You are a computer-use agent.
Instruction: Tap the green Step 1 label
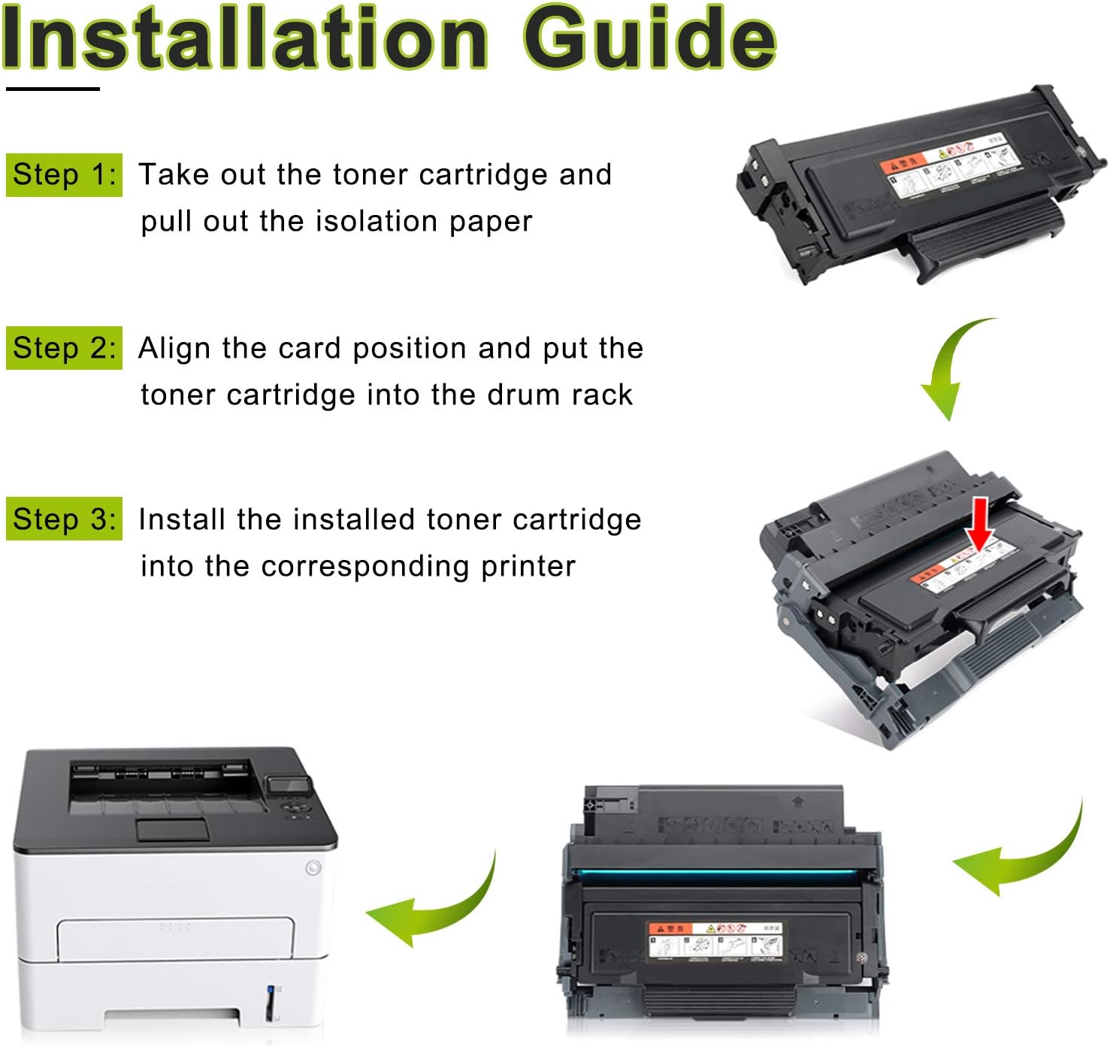click(x=64, y=175)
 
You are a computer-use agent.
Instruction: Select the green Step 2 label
click(x=64, y=348)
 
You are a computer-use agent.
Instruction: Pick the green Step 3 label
click(x=64, y=519)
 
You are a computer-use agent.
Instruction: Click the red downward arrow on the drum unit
click(x=979, y=523)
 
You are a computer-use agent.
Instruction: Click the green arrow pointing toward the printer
click(x=436, y=906)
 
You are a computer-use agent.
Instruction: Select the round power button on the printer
click(x=313, y=868)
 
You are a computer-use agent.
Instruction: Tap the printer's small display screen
click(x=289, y=785)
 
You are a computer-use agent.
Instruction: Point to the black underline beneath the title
click(x=53, y=89)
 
